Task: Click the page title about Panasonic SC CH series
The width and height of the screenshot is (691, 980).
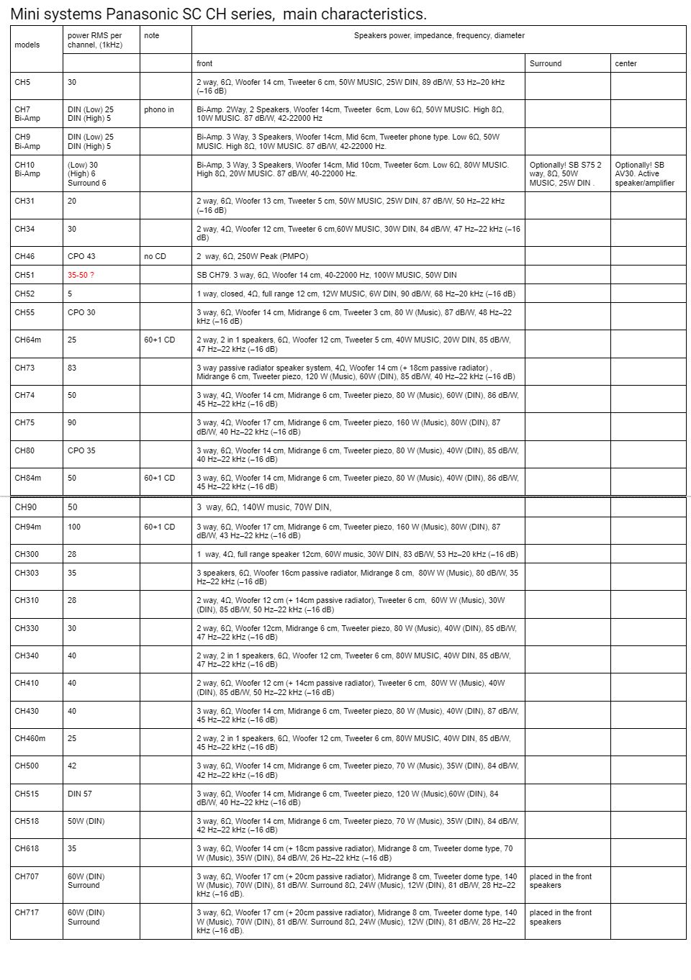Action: [218, 14]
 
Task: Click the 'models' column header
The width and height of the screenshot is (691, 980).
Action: [27, 45]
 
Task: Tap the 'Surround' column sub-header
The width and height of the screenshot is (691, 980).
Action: [545, 63]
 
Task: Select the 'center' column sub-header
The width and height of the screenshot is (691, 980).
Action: [625, 63]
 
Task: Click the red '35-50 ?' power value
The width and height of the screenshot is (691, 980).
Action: [81, 275]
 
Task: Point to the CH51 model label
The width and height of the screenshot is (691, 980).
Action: [24, 275]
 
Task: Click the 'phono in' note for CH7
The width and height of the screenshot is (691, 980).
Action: [159, 109]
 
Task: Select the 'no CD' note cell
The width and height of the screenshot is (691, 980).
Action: [155, 256]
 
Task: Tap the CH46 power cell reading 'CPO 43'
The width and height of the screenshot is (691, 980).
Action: [81, 256]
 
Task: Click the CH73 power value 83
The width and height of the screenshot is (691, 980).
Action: [72, 368]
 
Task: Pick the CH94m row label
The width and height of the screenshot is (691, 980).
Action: [28, 527]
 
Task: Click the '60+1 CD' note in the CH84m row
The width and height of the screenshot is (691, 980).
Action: [159, 478]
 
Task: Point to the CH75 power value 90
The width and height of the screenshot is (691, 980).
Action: [72, 422]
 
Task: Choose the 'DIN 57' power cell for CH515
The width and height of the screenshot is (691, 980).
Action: [80, 794]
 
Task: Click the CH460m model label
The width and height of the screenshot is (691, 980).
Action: [30, 738]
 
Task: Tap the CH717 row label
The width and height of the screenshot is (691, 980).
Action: [27, 912]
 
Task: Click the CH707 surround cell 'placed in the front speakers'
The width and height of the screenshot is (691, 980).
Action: [560, 881]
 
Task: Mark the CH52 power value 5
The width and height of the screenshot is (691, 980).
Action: [70, 294]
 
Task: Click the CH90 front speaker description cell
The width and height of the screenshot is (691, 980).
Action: [264, 507]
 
